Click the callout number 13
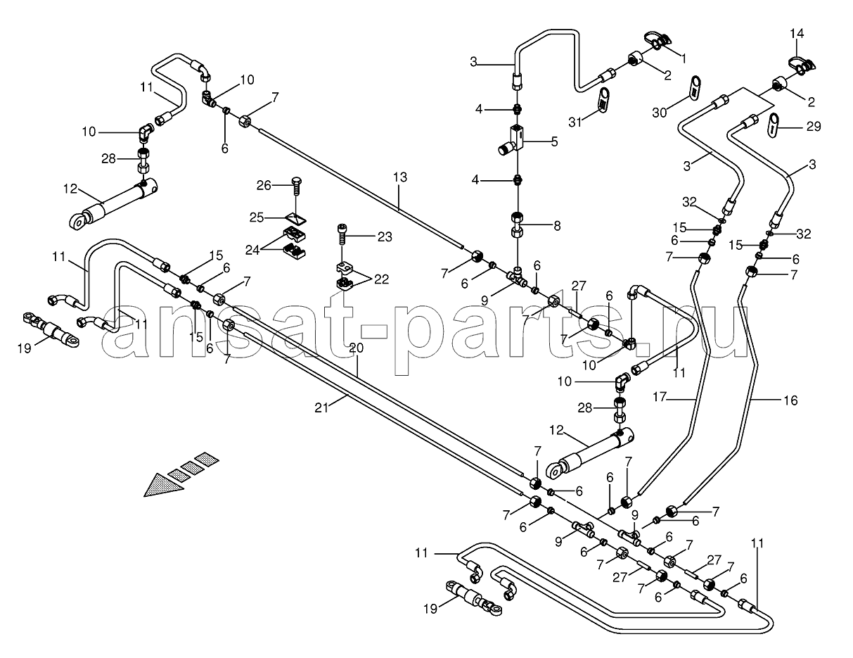click(400, 177)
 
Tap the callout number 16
click(790, 400)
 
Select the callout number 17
click(660, 397)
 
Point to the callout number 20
click(357, 348)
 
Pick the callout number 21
click(321, 408)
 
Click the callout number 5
click(554, 141)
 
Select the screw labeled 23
click(342, 234)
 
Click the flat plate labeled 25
click(295, 218)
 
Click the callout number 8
click(557, 226)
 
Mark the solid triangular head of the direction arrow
click(163, 485)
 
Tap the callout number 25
click(257, 217)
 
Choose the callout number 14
click(797, 33)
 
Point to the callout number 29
click(814, 127)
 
